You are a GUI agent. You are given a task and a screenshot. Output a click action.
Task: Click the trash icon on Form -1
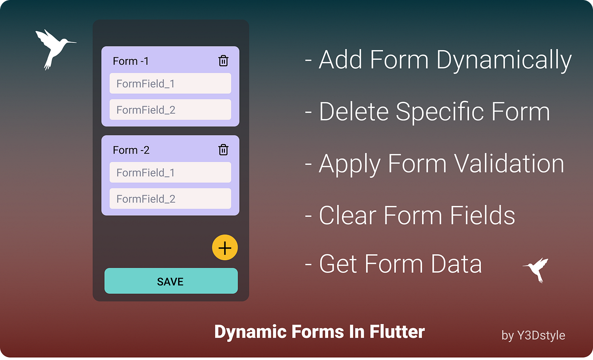pyautogui.click(x=223, y=61)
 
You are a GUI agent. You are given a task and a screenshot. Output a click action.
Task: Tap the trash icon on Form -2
pyautogui.click(x=223, y=150)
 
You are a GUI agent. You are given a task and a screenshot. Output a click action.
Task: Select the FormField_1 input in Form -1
pyautogui.click(x=170, y=83)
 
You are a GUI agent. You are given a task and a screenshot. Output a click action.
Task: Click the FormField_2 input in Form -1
pyautogui.click(x=170, y=110)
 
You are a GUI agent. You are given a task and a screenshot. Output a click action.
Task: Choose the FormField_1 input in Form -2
pyautogui.click(x=170, y=172)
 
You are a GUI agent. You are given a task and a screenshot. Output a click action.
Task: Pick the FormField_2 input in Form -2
pyautogui.click(x=170, y=199)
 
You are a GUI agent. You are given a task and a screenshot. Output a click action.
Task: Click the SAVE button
pyautogui.click(x=170, y=281)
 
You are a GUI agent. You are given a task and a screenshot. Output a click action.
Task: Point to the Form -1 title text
pyautogui.click(x=130, y=61)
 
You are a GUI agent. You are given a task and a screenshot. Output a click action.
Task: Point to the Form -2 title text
pyautogui.click(x=131, y=150)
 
